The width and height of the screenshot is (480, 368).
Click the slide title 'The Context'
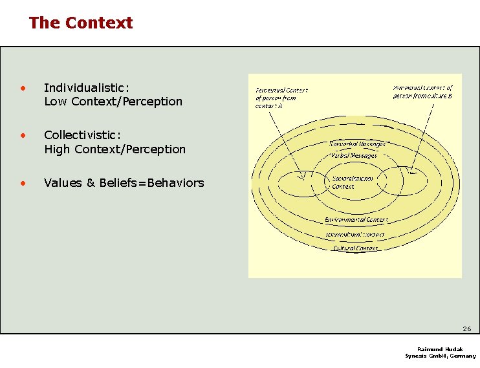(x=81, y=23)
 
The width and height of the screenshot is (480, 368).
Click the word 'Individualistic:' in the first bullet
(x=87, y=87)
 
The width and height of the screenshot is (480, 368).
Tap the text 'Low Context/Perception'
(x=113, y=102)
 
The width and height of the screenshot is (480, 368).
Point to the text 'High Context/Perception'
(x=115, y=149)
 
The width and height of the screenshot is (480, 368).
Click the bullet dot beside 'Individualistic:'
(x=22, y=87)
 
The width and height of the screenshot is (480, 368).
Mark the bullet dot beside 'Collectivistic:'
(x=22, y=135)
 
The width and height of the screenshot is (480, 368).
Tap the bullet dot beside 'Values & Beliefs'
(x=22, y=183)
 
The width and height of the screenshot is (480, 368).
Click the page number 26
(x=466, y=329)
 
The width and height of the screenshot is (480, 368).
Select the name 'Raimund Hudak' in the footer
(x=440, y=349)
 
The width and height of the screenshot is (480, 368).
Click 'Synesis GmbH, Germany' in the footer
(x=440, y=356)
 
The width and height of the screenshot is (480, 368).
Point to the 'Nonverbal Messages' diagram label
(x=357, y=144)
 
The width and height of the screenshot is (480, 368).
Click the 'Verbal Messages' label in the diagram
(x=353, y=155)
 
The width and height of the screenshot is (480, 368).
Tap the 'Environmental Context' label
(x=356, y=220)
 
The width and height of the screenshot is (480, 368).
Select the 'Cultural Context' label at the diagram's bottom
(x=356, y=248)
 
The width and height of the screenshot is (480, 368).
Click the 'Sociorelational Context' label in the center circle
(x=352, y=182)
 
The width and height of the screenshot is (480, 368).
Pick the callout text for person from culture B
(x=423, y=91)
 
